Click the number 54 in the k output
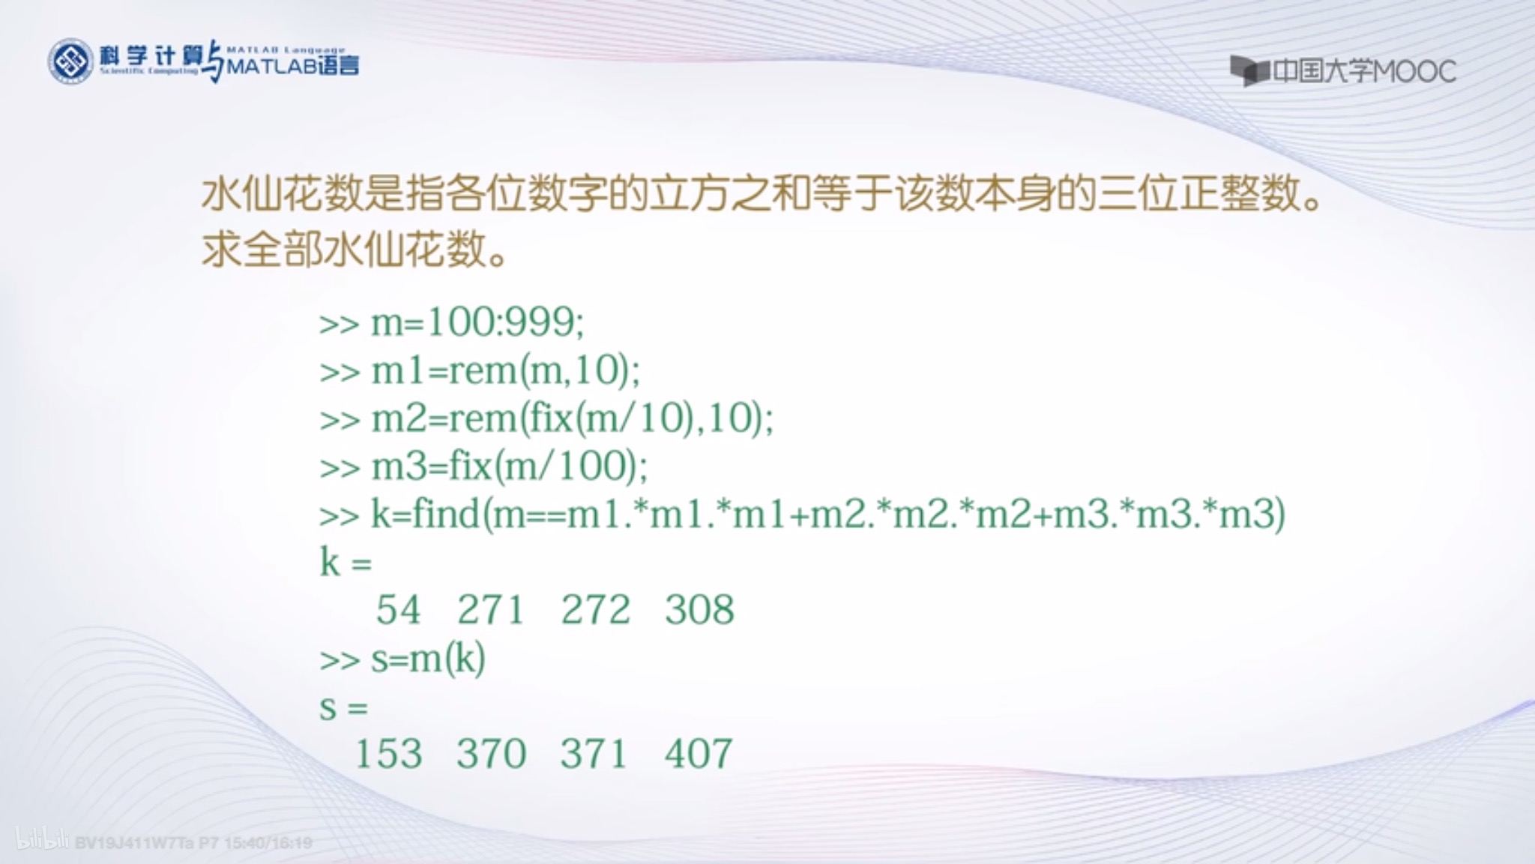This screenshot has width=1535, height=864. tap(398, 609)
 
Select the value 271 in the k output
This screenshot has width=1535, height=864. tap(491, 609)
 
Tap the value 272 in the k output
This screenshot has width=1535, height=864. tap(595, 609)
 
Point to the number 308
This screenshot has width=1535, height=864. tap(699, 609)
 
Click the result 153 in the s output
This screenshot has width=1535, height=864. tap(388, 754)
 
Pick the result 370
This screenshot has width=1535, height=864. tap(491, 754)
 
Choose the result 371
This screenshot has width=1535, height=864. tap(594, 754)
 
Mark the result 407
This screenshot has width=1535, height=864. tap(699, 754)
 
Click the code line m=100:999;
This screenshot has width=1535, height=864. tap(477, 322)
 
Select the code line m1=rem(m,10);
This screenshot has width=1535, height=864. tap(505, 370)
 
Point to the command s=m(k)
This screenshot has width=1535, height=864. tap(427, 659)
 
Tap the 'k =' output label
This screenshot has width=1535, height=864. tap(346, 562)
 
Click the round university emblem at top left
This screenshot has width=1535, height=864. tap(70, 61)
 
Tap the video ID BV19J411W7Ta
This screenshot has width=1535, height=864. tap(133, 843)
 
